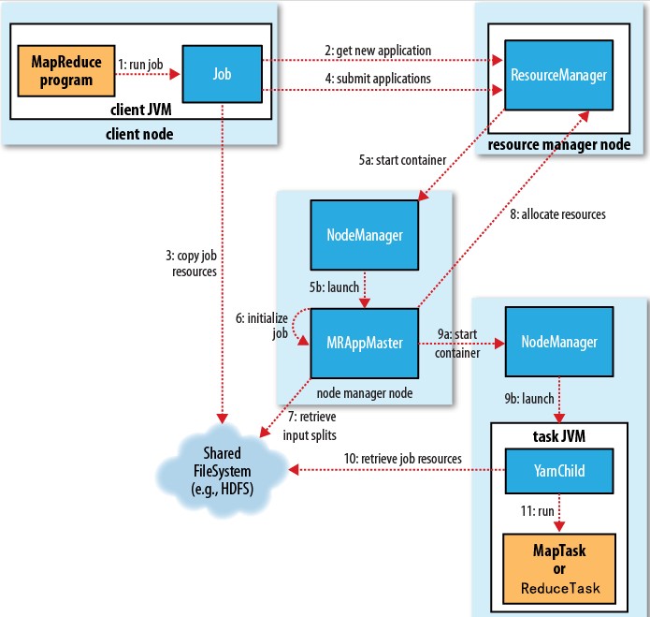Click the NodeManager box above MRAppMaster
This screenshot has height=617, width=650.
click(364, 234)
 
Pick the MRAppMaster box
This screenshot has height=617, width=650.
click(364, 344)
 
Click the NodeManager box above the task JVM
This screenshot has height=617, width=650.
click(558, 344)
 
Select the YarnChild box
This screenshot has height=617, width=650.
click(558, 470)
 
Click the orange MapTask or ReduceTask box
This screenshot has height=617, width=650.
click(558, 567)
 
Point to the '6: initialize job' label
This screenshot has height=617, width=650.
click(253, 326)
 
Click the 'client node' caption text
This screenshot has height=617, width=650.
click(141, 134)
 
